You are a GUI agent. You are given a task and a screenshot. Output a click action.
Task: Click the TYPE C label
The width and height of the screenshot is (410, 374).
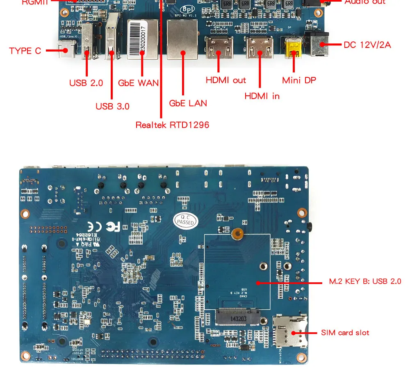tap(25, 51)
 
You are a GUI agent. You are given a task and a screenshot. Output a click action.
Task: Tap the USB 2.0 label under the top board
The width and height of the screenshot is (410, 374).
tap(86, 83)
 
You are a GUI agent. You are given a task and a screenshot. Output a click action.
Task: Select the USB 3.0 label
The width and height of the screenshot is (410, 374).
tap(112, 106)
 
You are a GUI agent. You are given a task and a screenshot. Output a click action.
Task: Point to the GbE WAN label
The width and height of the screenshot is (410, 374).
tap(138, 83)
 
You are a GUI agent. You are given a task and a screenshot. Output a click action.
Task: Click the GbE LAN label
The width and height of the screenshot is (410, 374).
tap(188, 103)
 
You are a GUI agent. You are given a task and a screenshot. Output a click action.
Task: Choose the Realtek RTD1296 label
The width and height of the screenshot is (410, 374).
tap(172, 125)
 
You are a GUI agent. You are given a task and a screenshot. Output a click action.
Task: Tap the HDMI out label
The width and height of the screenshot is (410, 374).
tap(225, 80)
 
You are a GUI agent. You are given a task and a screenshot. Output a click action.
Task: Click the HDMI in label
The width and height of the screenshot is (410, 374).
tap(262, 96)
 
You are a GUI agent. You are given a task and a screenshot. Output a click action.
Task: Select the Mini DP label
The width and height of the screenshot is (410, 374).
tap(299, 80)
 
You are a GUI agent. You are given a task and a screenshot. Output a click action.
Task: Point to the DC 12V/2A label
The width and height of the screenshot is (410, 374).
tap(367, 45)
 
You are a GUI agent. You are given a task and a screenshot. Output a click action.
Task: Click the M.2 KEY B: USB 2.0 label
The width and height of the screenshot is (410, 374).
tap(365, 282)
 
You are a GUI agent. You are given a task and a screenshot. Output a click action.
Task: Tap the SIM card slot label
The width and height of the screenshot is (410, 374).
tap(345, 333)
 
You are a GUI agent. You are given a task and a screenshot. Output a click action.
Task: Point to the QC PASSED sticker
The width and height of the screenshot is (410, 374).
tap(186, 220)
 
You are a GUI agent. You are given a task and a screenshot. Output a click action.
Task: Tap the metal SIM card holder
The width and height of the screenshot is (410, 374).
tap(291, 332)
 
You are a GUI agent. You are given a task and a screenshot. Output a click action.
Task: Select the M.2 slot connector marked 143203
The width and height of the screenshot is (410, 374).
tap(237, 317)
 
